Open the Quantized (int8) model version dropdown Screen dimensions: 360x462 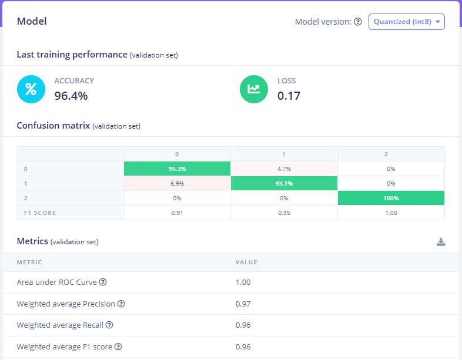pos(406,22)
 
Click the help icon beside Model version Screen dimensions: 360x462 pos(358,22)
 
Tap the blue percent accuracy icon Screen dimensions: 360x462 pos(31,89)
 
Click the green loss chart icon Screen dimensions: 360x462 pos(254,89)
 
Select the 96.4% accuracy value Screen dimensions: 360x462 pos(71,95)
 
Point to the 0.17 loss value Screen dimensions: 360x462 pos(289,95)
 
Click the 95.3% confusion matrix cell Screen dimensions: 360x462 pos(177,169)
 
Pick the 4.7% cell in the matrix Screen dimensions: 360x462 pos(284,169)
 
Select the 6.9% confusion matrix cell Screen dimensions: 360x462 pos(177,183)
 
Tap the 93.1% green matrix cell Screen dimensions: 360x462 pos(284,183)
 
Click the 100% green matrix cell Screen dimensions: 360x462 pos(391,198)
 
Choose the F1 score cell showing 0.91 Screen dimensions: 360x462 pos(177,213)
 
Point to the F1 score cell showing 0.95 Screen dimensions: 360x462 pos(284,213)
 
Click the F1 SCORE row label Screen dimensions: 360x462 pos(40,213)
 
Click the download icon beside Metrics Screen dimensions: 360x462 pos(441,242)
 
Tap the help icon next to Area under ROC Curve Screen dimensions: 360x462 pos(103,282)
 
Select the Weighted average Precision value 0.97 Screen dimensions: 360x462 pos(243,304)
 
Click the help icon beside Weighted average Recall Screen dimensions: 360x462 pos(109,325)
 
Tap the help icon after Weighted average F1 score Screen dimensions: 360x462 pos(117,347)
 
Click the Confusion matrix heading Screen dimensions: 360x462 pos(53,125)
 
